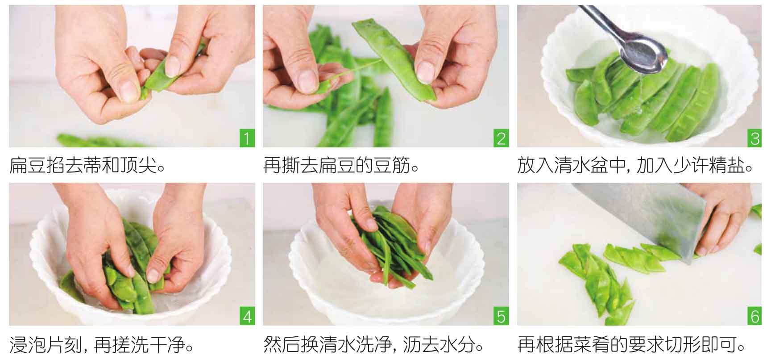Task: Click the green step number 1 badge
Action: (247, 138)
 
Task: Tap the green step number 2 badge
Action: (501, 138)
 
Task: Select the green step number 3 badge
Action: (755, 138)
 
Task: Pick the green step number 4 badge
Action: (247, 316)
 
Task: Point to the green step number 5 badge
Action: (501, 316)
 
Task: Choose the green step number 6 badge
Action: (755, 316)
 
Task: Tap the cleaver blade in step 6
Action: (647, 219)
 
